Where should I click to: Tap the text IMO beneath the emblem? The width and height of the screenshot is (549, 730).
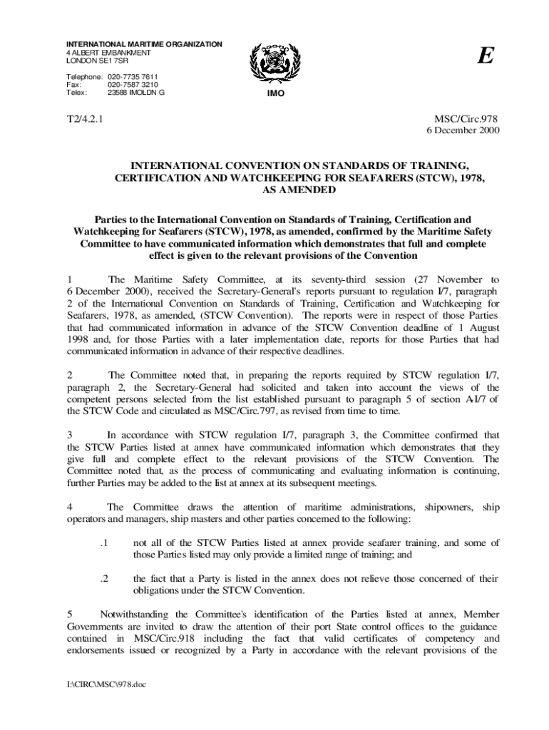[x=273, y=93]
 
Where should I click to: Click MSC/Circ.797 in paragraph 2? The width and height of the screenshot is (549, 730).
[x=202, y=411]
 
